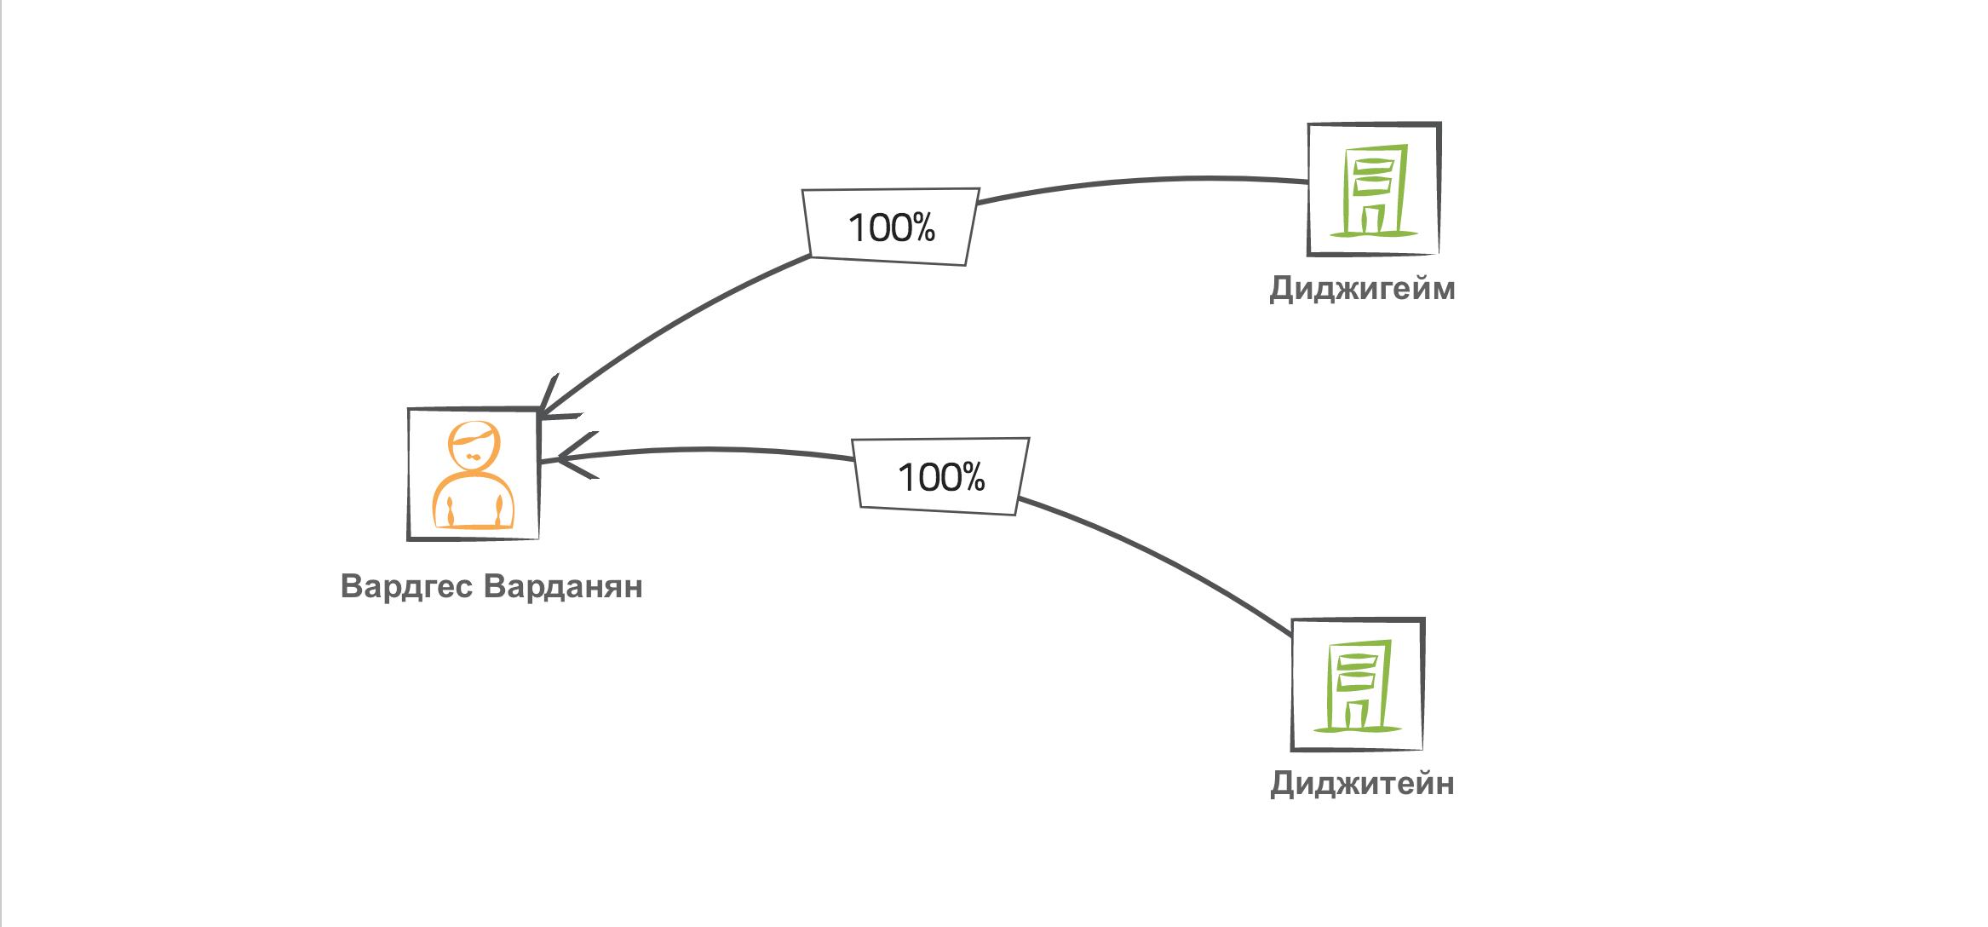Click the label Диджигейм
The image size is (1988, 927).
tap(1362, 290)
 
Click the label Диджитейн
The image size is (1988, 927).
tap(1362, 784)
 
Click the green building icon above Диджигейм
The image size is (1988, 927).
tap(1374, 189)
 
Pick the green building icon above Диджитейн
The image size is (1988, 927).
tap(1358, 685)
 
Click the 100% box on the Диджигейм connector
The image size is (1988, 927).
tap(891, 227)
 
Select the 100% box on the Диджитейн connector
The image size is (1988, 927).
tap(941, 477)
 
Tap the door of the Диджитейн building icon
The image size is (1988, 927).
tap(1358, 714)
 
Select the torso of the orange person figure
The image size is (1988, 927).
tap(474, 503)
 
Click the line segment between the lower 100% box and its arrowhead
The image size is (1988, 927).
tap(707, 450)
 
